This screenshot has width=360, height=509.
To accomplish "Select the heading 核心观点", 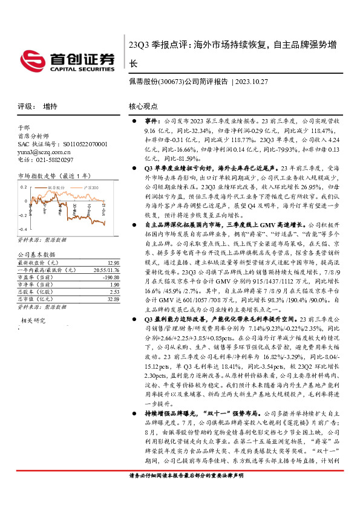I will pos(143,106).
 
